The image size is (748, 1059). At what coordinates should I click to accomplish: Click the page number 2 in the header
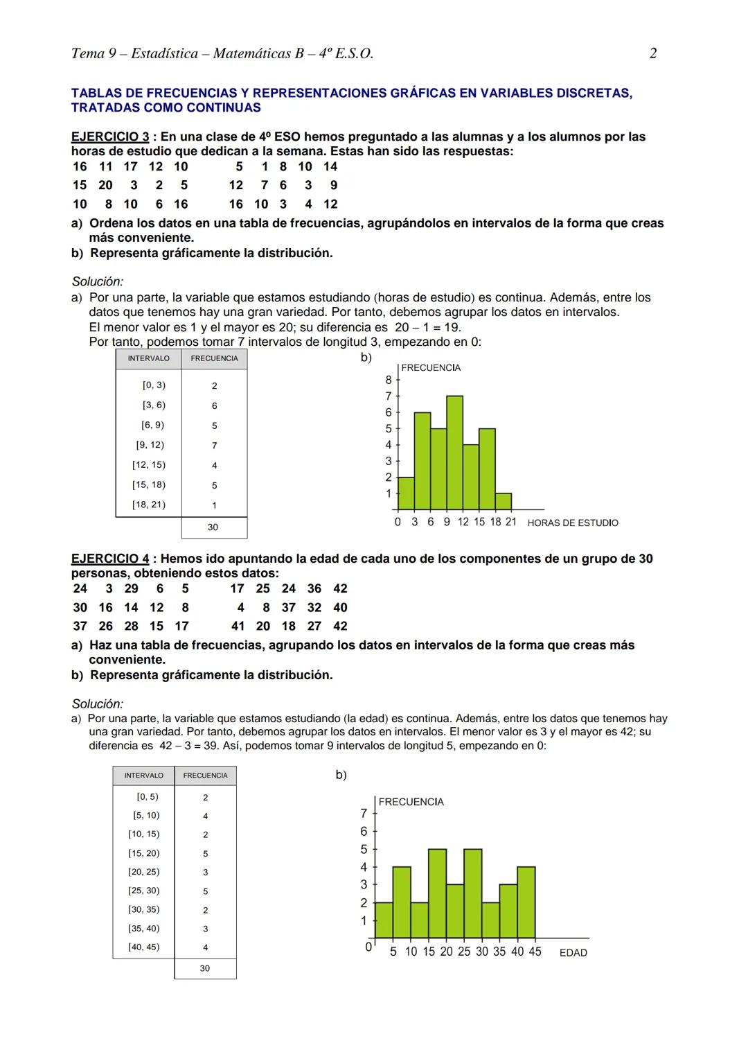[652, 53]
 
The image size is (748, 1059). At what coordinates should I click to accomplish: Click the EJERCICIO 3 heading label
[109, 137]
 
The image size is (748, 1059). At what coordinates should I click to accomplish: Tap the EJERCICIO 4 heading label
[109, 559]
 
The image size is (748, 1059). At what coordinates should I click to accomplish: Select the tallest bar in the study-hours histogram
[454, 453]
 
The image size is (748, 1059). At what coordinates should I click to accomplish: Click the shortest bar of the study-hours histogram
[503, 502]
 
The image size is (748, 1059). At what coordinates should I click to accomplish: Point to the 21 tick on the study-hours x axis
[510, 522]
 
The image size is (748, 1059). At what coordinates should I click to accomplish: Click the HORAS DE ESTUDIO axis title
[573, 523]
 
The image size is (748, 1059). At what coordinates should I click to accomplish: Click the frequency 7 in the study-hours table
[214, 446]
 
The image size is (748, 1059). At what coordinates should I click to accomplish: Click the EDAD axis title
[573, 953]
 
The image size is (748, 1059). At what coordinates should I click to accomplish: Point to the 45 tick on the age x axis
[535, 952]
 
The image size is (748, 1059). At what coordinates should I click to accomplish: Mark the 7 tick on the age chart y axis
[364, 813]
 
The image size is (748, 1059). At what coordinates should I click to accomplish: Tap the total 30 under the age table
[205, 968]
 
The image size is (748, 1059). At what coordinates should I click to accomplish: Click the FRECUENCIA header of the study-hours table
[214, 358]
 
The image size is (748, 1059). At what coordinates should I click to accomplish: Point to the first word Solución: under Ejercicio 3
[98, 281]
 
